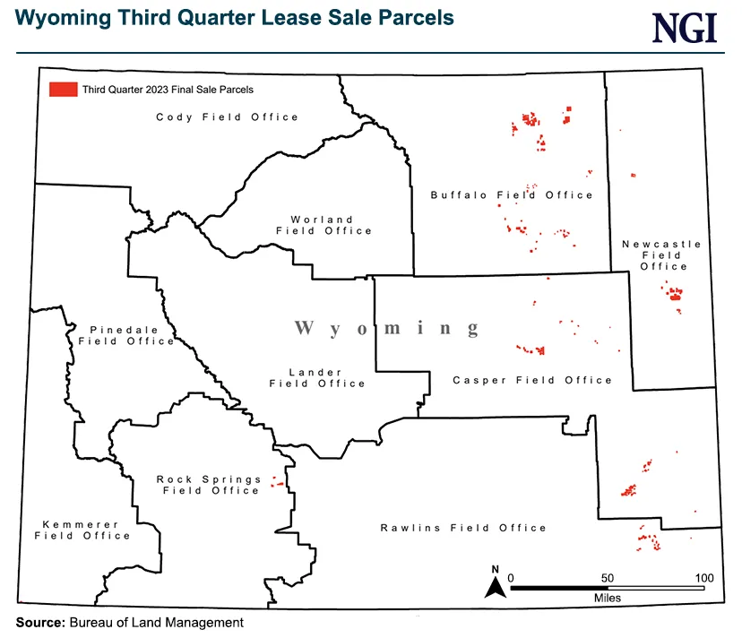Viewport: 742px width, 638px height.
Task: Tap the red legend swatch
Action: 63,90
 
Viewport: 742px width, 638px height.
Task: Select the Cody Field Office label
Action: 227,117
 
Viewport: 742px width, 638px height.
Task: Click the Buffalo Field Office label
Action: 512,195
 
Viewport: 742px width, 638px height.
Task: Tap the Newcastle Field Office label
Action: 663,254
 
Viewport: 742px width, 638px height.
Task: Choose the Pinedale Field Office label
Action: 125,335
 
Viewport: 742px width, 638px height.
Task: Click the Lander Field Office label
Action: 317,377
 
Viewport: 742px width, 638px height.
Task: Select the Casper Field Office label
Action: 532,380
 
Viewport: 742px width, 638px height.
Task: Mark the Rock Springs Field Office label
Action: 208,485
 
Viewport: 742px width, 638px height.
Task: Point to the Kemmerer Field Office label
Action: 82,530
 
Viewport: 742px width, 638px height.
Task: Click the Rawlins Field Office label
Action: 462,528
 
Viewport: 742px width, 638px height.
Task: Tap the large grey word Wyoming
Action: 387,328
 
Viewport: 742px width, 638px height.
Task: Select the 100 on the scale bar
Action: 703,577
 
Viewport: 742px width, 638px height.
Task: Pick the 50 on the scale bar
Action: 607,577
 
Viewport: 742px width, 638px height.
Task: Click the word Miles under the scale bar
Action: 607,598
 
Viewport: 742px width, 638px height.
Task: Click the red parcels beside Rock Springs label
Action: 278,485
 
